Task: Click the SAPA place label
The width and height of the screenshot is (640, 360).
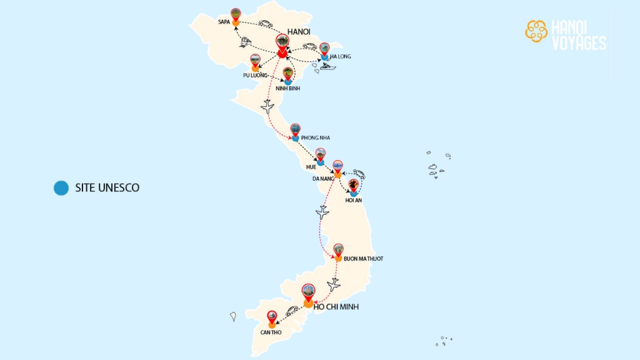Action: (224, 22)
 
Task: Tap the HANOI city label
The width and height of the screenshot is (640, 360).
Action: (299, 32)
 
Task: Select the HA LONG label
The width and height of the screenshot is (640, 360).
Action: (341, 57)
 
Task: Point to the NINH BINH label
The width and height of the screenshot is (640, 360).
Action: (287, 89)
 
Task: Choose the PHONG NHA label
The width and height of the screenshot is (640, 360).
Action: (315, 137)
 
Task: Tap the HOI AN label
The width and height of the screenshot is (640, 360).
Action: (354, 200)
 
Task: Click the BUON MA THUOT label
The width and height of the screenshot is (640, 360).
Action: (363, 258)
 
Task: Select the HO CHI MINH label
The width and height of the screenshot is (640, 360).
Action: (336, 307)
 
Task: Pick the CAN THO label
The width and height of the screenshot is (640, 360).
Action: (271, 332)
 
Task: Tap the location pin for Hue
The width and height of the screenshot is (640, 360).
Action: (321, 155)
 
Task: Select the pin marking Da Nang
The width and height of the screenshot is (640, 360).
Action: (337, 167)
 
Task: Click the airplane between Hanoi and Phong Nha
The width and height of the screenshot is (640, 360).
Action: (267, 107)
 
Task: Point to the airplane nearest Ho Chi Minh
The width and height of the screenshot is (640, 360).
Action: (334, 285)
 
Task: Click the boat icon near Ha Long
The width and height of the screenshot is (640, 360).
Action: (327, 66)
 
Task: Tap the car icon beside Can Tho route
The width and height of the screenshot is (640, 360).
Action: (292, 311)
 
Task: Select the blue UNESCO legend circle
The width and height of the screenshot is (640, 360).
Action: (61, 187)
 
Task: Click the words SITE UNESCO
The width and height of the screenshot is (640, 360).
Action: (107, 187)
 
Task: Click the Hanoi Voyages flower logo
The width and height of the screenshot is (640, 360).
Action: (536, 31)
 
